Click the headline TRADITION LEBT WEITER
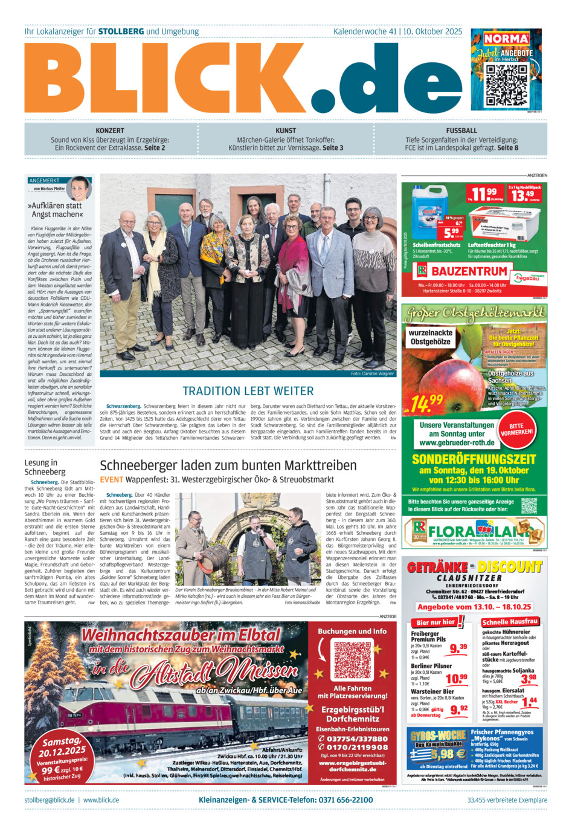(x=248, y=391)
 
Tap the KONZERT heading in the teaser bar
(x=110, y=131)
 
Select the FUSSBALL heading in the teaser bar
(x=461, y=131)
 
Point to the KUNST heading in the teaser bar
(x=286, y=131)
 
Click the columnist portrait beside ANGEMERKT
(x=79, y=188)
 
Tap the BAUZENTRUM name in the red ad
(x=469, y=271)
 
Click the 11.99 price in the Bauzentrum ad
(x=484, y=194)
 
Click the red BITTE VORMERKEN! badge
(x=516, y=428)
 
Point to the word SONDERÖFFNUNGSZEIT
(x=474, y=459)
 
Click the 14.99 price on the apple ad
(x=427, y=402)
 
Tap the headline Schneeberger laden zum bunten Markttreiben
(x=228, y=465)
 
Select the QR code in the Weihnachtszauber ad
(x=353, y=661)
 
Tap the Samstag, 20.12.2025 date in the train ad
(x=63, y=746)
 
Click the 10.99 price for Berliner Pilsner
(x=456, y=679)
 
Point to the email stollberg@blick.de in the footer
(x=50, y=800)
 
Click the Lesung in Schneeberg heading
(x=45, y=467)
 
